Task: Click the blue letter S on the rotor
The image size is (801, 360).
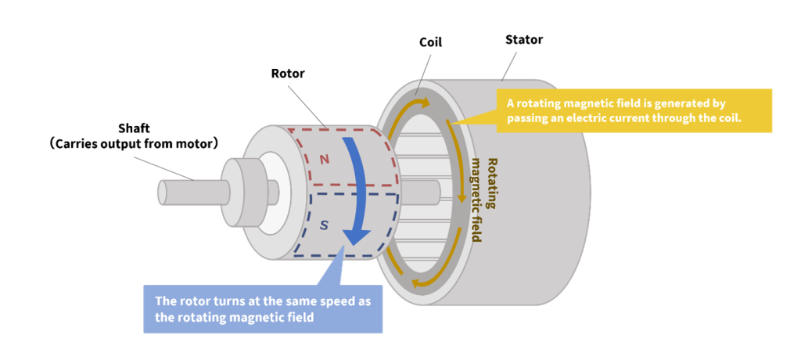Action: [x=324, y=225]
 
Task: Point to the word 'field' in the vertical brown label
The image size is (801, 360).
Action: [x=475, y=228]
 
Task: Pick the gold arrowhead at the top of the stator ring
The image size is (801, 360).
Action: [x=425, y=102]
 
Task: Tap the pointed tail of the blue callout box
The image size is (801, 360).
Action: [x=336, y=258]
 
